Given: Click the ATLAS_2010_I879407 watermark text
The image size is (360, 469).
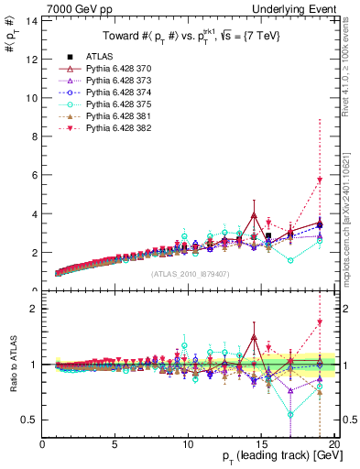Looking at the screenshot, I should [x=190, y=272].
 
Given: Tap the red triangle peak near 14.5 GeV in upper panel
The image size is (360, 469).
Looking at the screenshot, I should [x=254, y=215].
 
